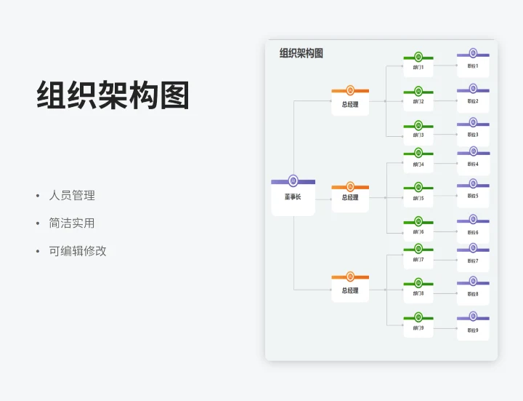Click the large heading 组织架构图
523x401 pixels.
coord(113,95)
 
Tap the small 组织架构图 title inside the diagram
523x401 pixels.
coord(301,53)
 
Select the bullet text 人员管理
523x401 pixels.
coord(72,195)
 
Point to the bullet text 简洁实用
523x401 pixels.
coord(72,223)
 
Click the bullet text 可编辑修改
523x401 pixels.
coord(78,250)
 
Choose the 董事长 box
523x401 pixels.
coord(293,198)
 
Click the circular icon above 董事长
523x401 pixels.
coord(293,180)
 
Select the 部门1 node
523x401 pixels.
coord(418,68)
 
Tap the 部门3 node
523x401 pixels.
coord(418,135)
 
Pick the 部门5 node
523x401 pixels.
coord(418,198)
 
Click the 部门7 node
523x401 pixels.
coord(418,260)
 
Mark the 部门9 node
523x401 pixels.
coord(418,328)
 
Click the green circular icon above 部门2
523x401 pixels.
coord(418,91)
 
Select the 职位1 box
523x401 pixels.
coord(473,65)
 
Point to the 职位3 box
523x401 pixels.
coord(473,135)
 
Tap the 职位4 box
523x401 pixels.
coord(473,164)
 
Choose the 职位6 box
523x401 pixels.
coord(473,232)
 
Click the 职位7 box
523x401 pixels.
coord(473,261)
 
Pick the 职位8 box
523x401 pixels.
coord(473,294)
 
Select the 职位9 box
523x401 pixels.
coord(473,329)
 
